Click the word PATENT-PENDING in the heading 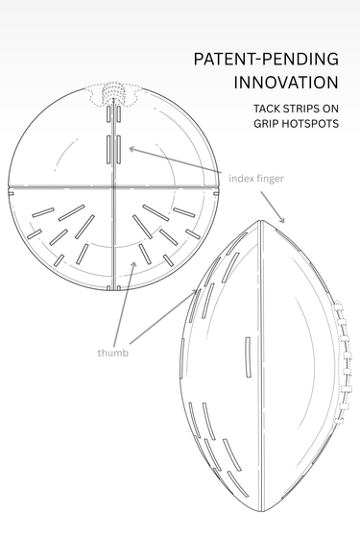pos(266,60)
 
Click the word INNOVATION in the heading pos(286,83)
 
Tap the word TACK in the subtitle pos(265,109)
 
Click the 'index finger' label pos(256,179)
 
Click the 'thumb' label pos(113,353)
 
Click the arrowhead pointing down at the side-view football pos(281,219)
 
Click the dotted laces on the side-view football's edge pos(342,362)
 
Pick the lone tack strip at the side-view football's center pos(248,357)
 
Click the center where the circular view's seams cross pos(113,187)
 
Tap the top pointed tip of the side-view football pos(260,220)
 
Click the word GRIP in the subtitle pos(263,123)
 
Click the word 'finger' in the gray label pos(269,179)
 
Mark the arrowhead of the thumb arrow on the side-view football pos(196,292)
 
